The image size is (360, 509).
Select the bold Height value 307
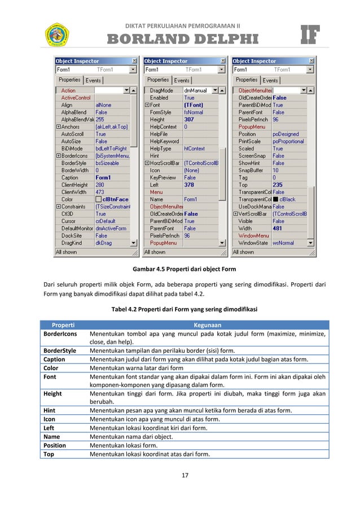coord(189,120)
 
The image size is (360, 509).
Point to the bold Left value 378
coord(189,185)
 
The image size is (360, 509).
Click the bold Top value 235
coord(278,185)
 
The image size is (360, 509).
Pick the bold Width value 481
coord(278,229)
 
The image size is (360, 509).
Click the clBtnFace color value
coord(115,199)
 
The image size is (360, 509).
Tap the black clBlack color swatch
coord(276,200)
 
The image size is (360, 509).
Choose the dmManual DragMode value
coord(196,90)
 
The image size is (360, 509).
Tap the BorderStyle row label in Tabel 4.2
coord(60,350)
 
